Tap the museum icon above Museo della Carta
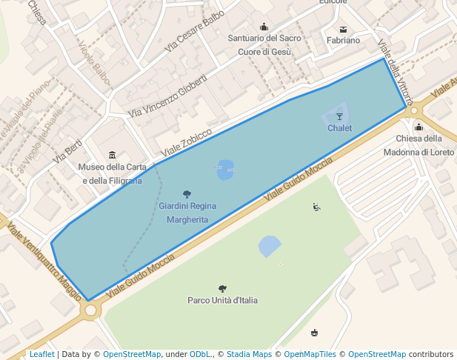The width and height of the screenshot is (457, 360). coord(112,155)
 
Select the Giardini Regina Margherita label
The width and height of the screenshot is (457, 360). coord(187,213)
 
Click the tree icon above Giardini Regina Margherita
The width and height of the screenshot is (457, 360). coord(187,194)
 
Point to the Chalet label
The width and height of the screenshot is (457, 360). coord(339,128)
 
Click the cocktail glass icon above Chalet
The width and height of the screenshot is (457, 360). coord(340,116)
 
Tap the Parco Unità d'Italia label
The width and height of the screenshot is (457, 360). coord(222,300)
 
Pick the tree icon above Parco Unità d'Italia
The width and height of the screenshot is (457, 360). coord(222,288)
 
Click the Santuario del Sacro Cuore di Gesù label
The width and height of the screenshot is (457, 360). coord(264,44)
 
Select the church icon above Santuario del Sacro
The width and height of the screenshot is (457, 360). coord(264,27)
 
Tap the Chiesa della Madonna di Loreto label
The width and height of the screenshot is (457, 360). coord(418,145)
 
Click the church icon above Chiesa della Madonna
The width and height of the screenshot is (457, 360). coord(418,127)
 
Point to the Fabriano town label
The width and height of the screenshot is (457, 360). coord(343,41)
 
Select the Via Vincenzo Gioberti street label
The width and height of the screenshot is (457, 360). coord(167,95)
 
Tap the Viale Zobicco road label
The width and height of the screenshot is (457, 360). coord(187,141)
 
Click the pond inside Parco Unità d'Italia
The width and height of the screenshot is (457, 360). coord(270,245)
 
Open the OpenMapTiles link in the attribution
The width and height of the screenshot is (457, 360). coord(310,354)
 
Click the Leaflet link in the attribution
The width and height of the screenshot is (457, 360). coord(41,354)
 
